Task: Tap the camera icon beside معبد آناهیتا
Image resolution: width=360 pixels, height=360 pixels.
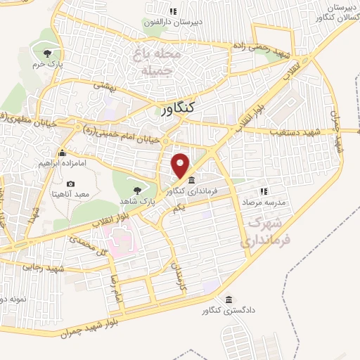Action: pyautogui.click(x=71, y=184)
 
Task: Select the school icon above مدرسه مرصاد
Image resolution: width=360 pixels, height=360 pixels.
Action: pyautogui.click(x=264, y=190)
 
